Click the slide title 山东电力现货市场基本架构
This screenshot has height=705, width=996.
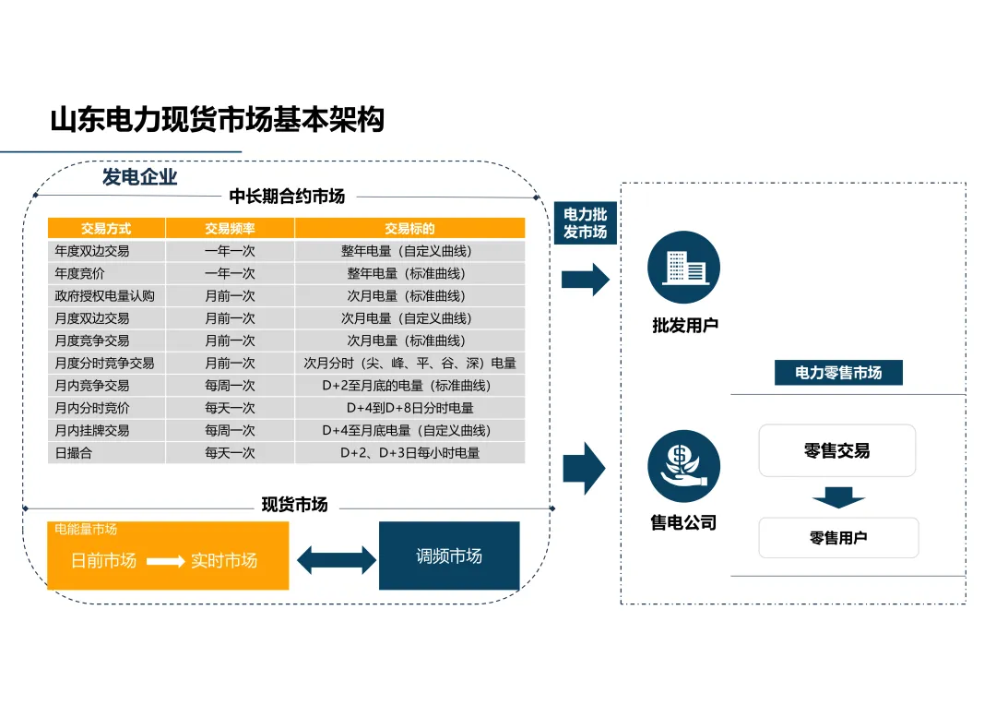pos(217,120)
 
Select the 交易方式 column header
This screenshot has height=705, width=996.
pos(106,229)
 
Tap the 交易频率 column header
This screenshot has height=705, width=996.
pos(230,229)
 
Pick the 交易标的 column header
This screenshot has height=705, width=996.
pos(409,229)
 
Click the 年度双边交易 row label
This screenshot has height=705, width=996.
pos(92,251)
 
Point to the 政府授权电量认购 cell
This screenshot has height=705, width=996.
pos(104,296)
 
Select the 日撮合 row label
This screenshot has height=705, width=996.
pos(74,453)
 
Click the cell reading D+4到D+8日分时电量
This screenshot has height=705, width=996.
pos(409,408)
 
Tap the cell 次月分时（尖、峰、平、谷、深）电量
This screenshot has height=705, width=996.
pos(409,364)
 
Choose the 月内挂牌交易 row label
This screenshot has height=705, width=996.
pos(92,431)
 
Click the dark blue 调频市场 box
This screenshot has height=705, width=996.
pos(449,556)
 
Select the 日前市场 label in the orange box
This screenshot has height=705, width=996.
pos(104,560)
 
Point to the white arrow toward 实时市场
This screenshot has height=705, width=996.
pos(166,560)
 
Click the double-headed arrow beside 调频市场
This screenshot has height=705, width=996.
pos(337,559)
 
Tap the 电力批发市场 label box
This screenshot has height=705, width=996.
pos(586,223)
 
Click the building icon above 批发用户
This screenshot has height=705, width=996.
pos(683,268)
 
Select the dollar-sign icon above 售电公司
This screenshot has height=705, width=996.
pos(683,466)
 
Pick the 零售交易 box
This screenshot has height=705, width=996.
pos(836,450)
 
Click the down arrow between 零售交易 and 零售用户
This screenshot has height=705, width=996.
pos(838,499)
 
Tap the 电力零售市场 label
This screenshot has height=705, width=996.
pos(838,373)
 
